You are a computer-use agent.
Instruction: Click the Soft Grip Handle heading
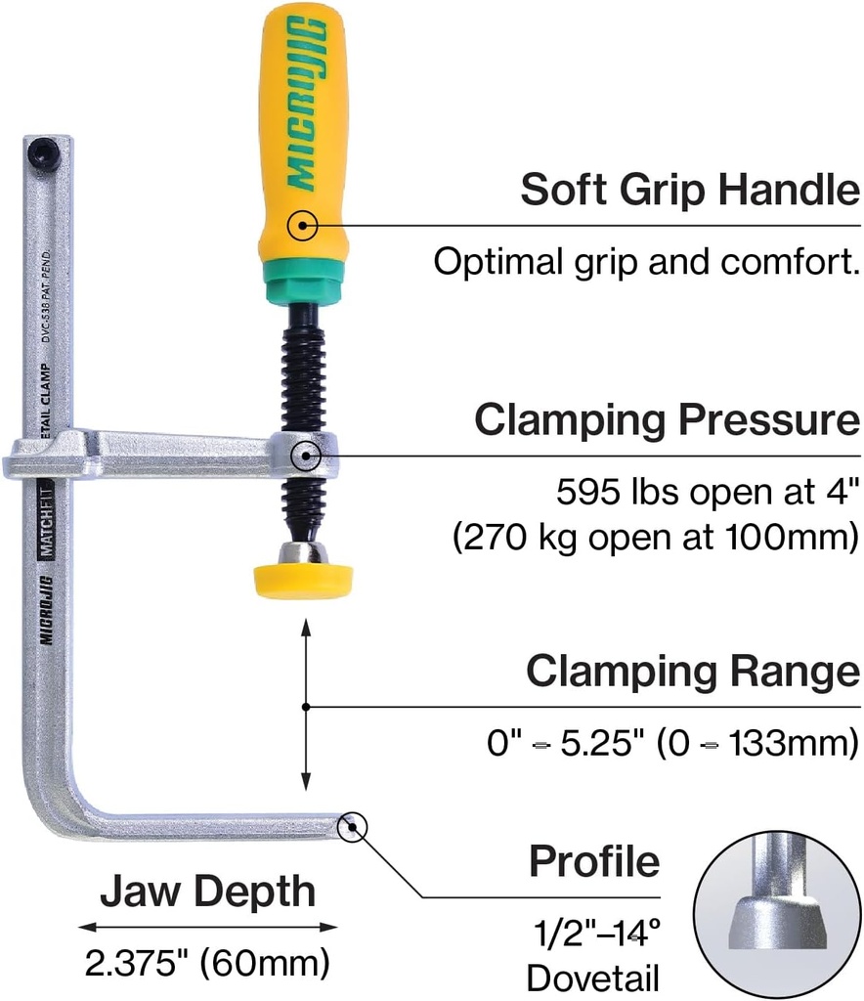pyautogui.click(x=689, y=190)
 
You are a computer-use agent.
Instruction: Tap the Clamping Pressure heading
pyautogui.click(x=668, y=420)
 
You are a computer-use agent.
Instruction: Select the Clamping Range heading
pyautogui.click(x=693, y=672)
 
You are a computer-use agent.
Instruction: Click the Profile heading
pyautogui.click(x=594, y=862)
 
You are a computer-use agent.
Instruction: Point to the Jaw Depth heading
pyautogui.click(x=208, y=892)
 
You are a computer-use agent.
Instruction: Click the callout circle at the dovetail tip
pyautogui.click(x=351, y=827)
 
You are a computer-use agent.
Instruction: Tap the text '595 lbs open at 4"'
pyautogui.click(x=708, y=493)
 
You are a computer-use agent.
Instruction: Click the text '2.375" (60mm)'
pyautogui.click(x=206, y=964)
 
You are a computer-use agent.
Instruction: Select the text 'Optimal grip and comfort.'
pyautogui.click(x=646, y=262)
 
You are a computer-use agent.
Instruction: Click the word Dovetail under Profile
pyautogui.click(x=593, y=978)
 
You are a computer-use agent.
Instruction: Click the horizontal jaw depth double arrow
pyautogui.click(x=207, y=927)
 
